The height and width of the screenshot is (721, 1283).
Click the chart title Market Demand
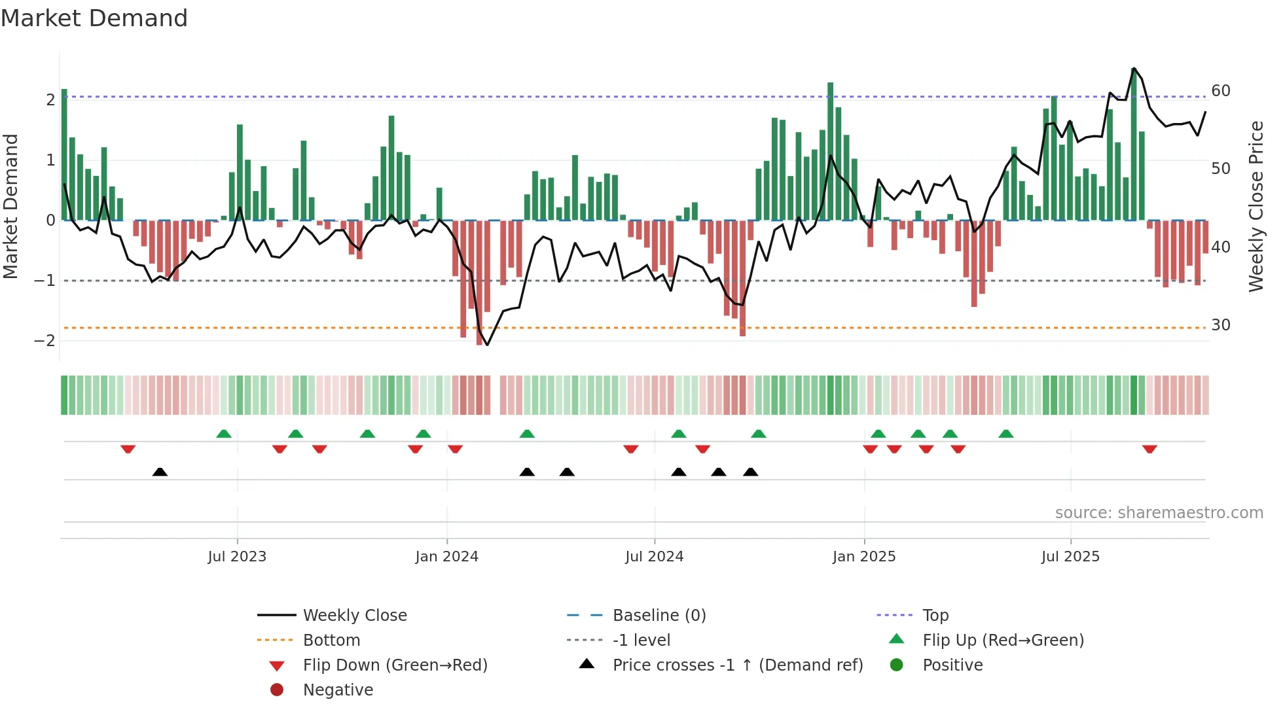point(94,18)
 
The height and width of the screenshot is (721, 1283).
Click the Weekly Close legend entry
point(354,616)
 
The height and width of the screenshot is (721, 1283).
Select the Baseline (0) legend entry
point(659,616)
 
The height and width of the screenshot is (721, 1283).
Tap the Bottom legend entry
point(331,641)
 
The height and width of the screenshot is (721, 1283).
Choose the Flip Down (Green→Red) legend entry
point(395,665)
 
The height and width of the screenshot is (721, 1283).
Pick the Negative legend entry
point(338,690)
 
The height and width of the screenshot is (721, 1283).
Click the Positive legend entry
point(952,665)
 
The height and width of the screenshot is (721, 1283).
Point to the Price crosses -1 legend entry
point(737,665)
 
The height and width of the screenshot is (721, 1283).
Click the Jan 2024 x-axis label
point(446,557)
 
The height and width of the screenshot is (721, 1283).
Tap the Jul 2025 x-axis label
point(1070,557)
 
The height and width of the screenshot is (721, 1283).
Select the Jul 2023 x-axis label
point(237,557)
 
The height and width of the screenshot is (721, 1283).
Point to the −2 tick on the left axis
point(45,341)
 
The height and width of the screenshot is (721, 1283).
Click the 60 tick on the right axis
point(1220,91)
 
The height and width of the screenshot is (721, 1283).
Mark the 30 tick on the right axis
point(1220,325)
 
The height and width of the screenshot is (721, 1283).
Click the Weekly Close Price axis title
point(1256,206)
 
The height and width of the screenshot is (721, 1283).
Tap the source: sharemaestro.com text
point(1159,513)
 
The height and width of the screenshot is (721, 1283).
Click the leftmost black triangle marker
point(160,472)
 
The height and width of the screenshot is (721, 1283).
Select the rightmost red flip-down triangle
point(1149,449)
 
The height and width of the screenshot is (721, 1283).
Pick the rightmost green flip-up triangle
point(1006,434)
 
